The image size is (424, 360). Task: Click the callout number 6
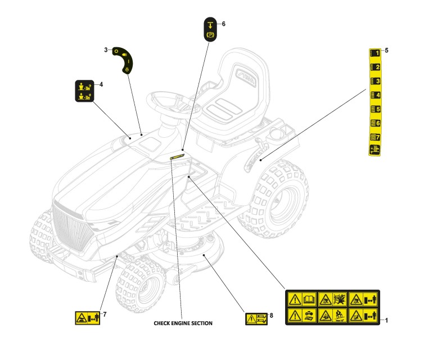pos(223,24)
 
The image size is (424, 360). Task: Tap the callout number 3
pos(106,50)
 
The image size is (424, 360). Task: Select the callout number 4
pos(101,84)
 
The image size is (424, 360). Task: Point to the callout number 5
pos(386,51)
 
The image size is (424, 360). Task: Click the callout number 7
pos(105,313)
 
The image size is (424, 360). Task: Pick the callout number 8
pos(272,316)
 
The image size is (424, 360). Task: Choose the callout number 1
pos(386,320)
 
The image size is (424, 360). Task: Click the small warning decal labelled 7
pos(86,318)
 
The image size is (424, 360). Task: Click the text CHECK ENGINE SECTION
pos(183,323)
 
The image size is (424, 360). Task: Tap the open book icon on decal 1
pos(309,300)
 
